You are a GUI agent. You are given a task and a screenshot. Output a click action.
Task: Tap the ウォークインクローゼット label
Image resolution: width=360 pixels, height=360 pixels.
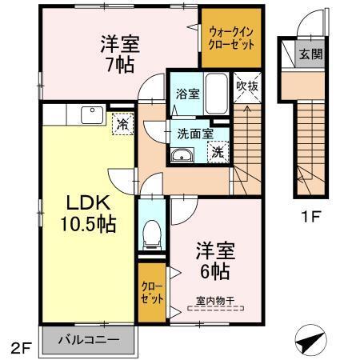[230, 38]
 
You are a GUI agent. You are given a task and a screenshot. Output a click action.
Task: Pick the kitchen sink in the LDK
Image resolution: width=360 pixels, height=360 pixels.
[87, 118]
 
